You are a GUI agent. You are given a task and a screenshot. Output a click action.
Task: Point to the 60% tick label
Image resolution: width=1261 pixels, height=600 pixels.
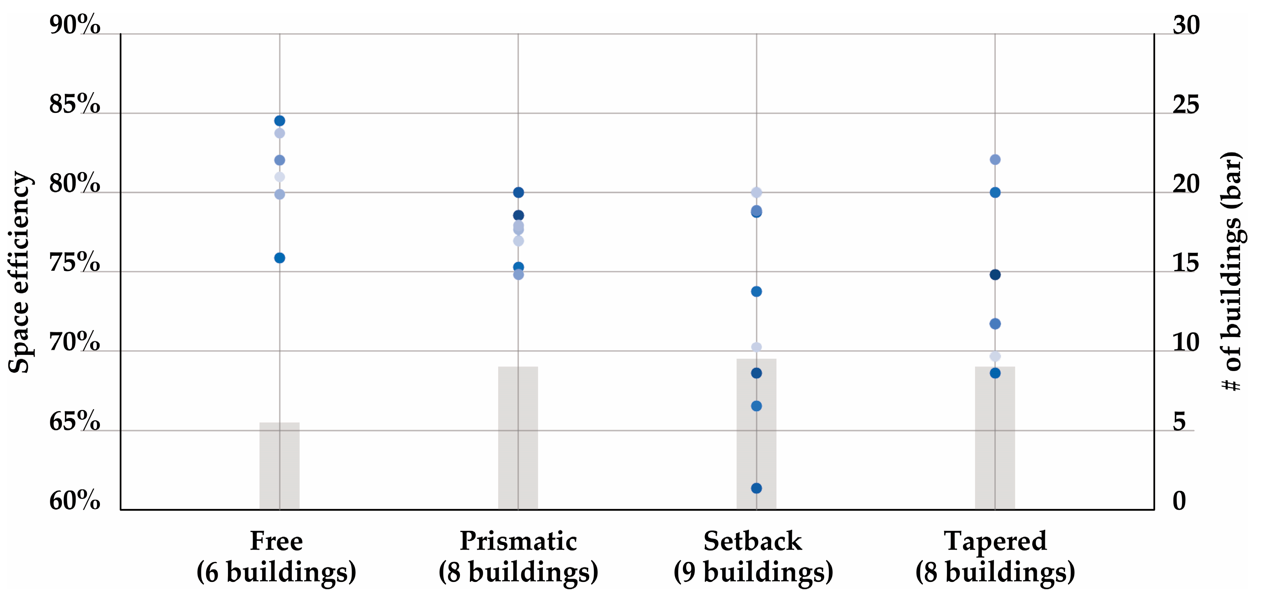click(x=74, y=501)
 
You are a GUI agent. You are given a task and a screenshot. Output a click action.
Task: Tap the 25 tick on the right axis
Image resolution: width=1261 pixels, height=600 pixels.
click(x=1186, y=104)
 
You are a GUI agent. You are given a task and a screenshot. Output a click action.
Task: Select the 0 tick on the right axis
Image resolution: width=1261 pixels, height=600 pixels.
click(x=1179, y=501)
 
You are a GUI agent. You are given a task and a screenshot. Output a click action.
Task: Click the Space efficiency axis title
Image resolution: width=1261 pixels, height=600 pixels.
click(x=20, y=272)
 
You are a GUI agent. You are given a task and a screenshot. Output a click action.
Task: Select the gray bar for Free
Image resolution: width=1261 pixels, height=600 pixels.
click(x=279, y=465)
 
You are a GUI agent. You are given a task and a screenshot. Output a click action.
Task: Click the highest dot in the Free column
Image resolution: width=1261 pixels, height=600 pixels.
click(x=279, y=121)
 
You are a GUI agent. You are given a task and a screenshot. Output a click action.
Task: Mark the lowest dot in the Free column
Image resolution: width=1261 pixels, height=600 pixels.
click(x=279, y=258)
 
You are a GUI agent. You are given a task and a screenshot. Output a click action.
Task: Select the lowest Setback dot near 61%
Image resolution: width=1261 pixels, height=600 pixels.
click(x=756, y=488)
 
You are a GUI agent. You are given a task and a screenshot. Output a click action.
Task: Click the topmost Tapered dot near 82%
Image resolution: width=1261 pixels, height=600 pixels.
click(x=995, y=160)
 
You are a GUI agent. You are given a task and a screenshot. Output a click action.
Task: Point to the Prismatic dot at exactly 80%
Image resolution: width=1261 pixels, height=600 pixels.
click(x=518, y=192)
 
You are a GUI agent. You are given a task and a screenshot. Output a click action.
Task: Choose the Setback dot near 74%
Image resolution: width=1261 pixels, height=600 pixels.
click(x=756, y=292)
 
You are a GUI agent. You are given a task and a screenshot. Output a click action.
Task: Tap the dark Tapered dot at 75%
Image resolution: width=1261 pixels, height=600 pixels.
click(x=995, y=275)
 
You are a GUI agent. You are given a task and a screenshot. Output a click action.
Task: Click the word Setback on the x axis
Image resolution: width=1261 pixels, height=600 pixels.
click(x=753, y=541)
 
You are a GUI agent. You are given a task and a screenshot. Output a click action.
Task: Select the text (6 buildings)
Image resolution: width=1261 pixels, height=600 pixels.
click(x=277, y=572)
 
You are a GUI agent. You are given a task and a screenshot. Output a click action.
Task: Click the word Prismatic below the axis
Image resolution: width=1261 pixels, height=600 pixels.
click(x=518, y=541)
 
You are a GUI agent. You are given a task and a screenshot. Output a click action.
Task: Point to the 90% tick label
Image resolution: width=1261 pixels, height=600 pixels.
click(x=74, y=25)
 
